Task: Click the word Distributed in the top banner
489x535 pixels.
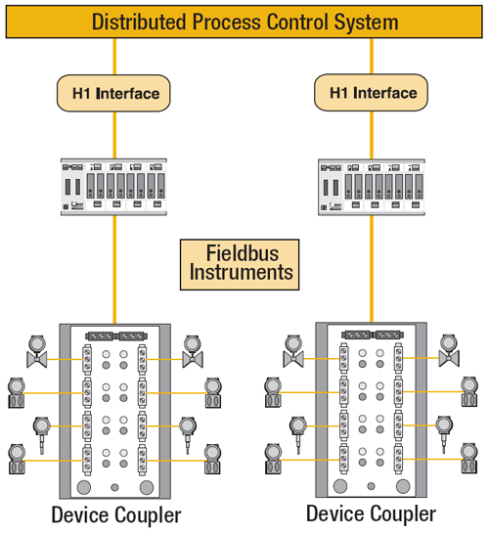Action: [x=140, y=22]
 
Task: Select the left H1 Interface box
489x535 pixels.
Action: [x=113, y=93]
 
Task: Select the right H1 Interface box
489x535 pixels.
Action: [x=371, y=93]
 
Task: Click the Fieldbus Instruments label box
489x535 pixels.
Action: [x=240, y=265]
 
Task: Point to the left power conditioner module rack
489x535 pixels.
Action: [x=113, y=187]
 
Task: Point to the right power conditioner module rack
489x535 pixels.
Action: [x=372, y=187]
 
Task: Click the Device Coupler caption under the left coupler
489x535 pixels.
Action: [x=116, y=515]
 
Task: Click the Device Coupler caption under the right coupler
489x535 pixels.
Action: [x=371, y=513]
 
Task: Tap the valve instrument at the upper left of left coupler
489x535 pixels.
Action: [x=37, y=351]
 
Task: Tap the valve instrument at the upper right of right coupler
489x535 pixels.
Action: [x=449, y=351]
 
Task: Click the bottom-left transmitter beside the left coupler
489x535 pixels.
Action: [x=17, y=460]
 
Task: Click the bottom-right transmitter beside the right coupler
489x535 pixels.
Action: [x=469, y=459]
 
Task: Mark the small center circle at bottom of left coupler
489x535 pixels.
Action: [x=115, y=488]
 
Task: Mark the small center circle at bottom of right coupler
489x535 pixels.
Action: [x=372, y=486]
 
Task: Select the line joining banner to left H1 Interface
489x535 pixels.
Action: [x=114, y=57]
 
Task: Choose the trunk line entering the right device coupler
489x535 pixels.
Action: [x=372, y=269]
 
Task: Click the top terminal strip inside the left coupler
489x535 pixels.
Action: [x=116, y=336]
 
